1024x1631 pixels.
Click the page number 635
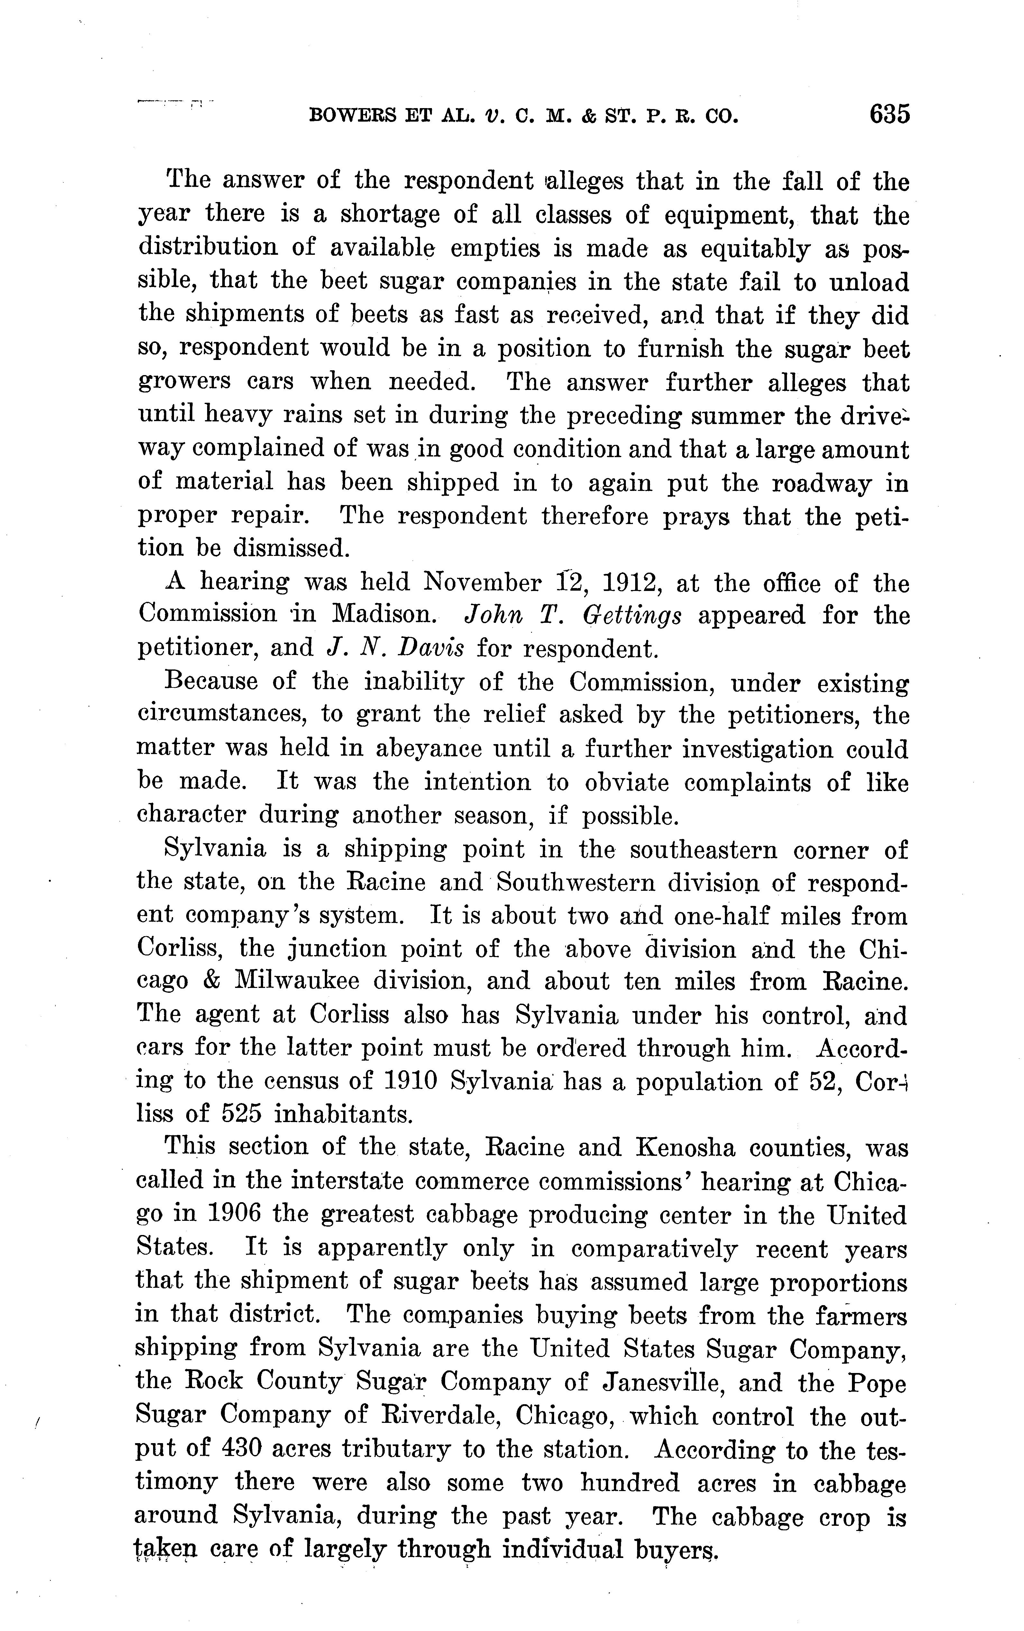click(x=889, y=114)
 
